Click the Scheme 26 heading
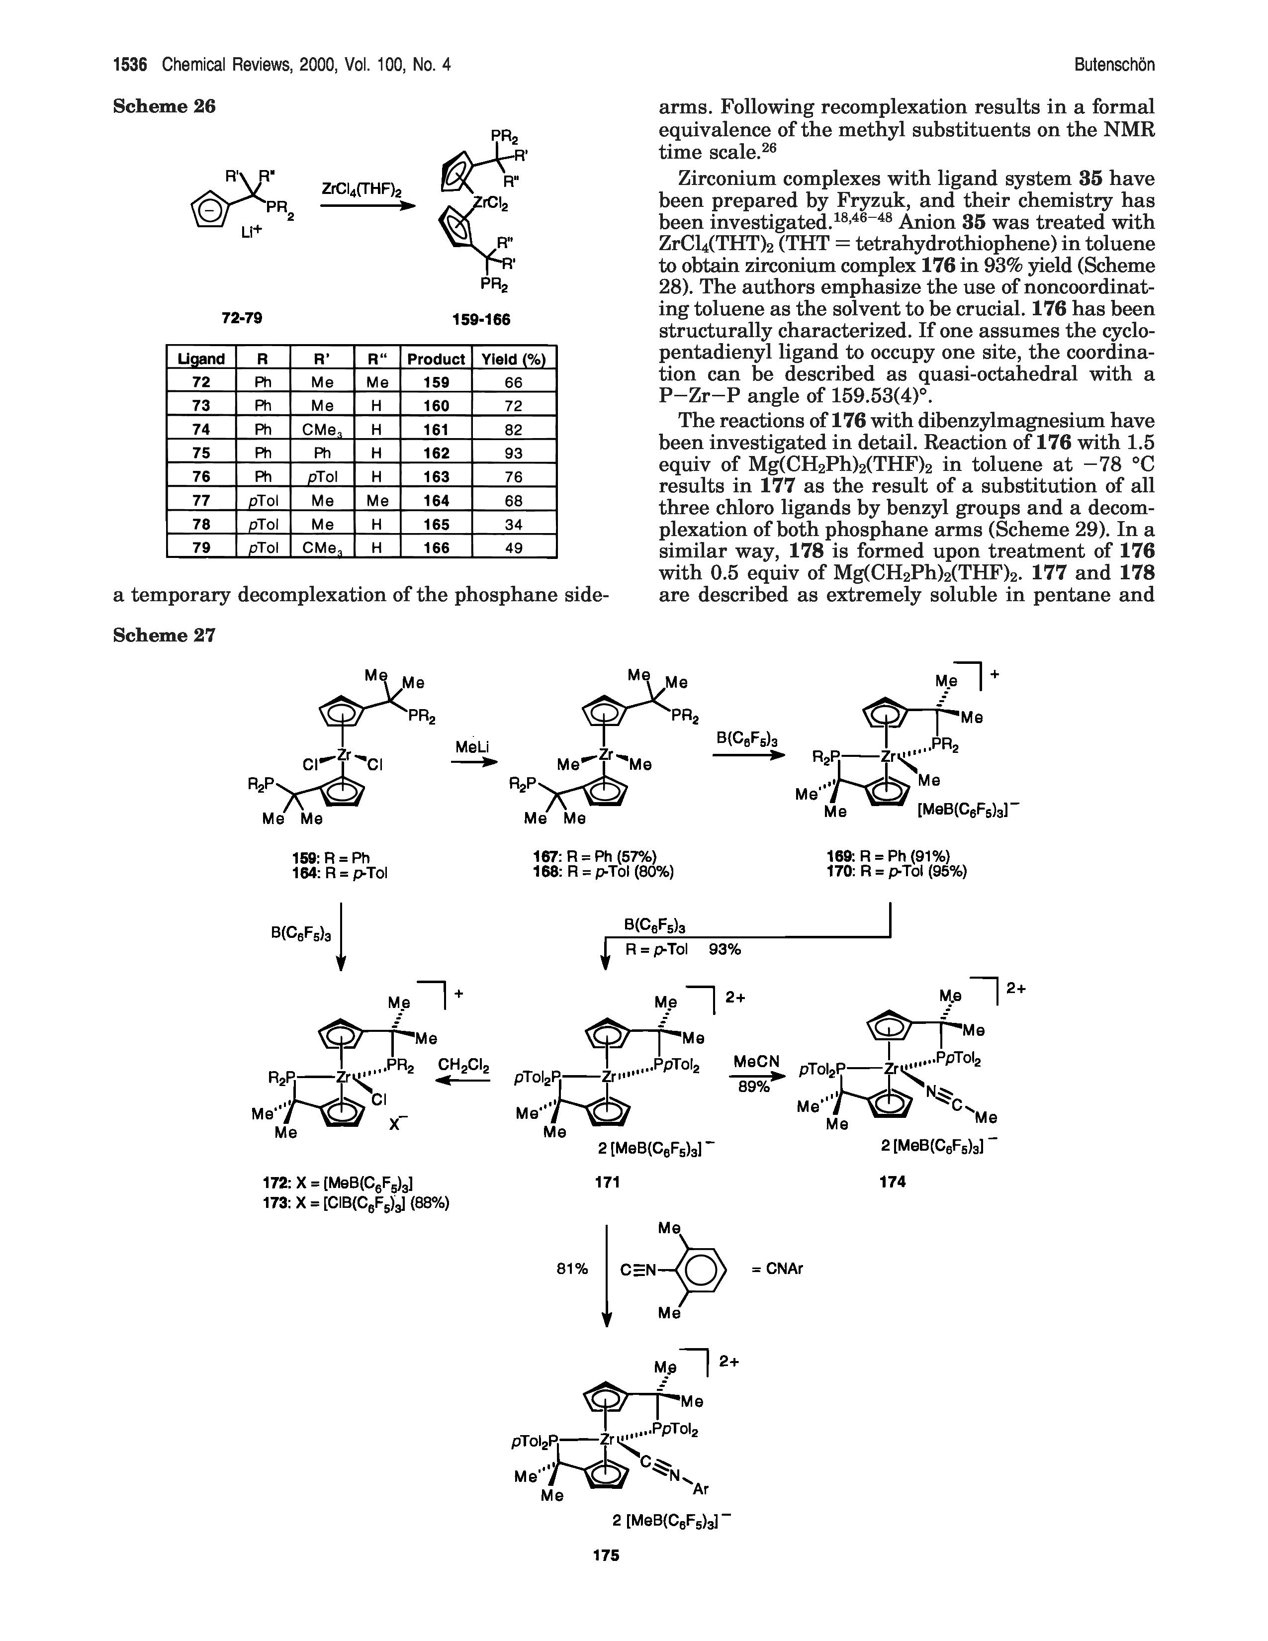tap(164, 107)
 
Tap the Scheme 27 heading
tap(164, 635)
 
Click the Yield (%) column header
tap(513, 359)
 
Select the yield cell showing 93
tap(513, 453)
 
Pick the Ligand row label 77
tap(200, 500)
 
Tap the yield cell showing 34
tap(513, 525)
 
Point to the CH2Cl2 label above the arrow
tap(463, 1066)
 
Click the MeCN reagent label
tap(755, 1062)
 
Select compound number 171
tap(606, 1182)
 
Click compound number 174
tap(893, 1182)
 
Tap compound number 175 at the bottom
tap(606, 1555)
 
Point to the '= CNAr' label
tap(778, 1269)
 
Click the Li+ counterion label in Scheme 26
tap(253, 233)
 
